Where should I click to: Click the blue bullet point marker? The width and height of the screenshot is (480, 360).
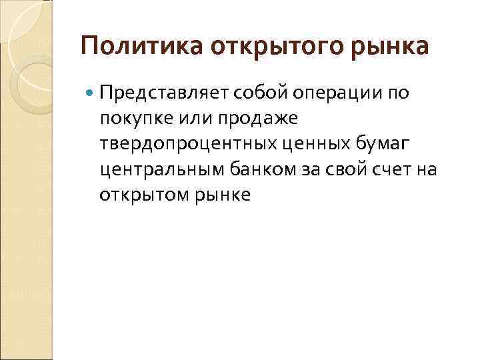(x=89, y=93)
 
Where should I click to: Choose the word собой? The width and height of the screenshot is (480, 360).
(x=235, y=93)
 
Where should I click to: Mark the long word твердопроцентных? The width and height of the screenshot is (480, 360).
(x=188, y=144)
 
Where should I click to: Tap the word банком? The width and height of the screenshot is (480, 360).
(x=236, y=169)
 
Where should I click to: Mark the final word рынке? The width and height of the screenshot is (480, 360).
(x=220, y=195)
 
